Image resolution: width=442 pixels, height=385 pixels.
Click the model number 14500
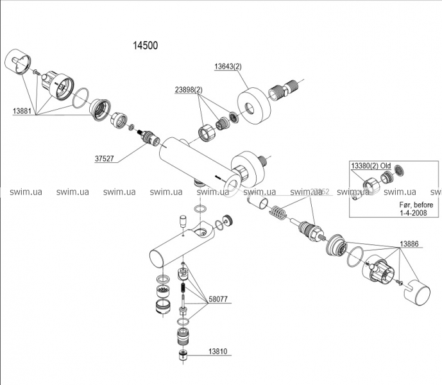pyautogui.click(x=145, y=46)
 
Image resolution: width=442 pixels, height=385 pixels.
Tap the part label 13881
pyautogui.click(x=22, y=110)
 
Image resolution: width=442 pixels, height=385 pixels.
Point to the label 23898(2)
pyautogui.click(x=188, y=90)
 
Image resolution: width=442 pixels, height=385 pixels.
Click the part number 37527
pyautogui.click(x=104, y=158)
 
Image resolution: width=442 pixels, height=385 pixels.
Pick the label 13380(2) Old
pyautogui.click(x=370, y=166)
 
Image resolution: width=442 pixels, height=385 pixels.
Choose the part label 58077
pyautogui.click(x=217, y=300)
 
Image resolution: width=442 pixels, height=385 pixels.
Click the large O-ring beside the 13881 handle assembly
pyautogui.click(x=80, y=99)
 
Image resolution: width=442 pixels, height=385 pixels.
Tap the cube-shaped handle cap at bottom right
pyautogui.click(x=420, y=293)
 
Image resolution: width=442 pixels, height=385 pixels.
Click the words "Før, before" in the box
pyautogui.click(x=410, y=205)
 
